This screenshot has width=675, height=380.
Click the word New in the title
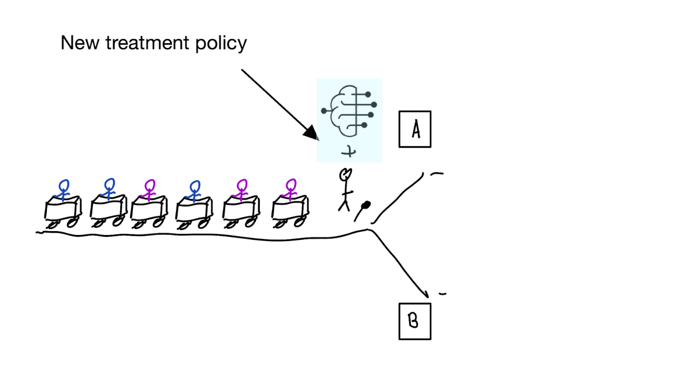click(x=80, y=43)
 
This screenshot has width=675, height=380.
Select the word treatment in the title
click(x=147, y=43)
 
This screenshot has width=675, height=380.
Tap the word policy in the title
click(x=221, y=44)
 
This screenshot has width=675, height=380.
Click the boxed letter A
click(x=415, y=129)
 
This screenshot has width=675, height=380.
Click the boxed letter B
click(x=414, y=321)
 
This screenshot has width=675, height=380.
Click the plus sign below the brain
click(x=349, y=152)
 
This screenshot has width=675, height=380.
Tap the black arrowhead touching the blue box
click(x=311, y=132)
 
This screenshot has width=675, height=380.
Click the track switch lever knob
click(x=366, y=205)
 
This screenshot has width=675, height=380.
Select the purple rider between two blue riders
click(x=150, y=189)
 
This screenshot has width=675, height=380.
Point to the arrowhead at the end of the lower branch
click(x=425, y=294)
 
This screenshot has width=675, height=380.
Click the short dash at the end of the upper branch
click(x=437, y=173)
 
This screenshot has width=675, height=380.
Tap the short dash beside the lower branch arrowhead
click(x=442, y=293)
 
